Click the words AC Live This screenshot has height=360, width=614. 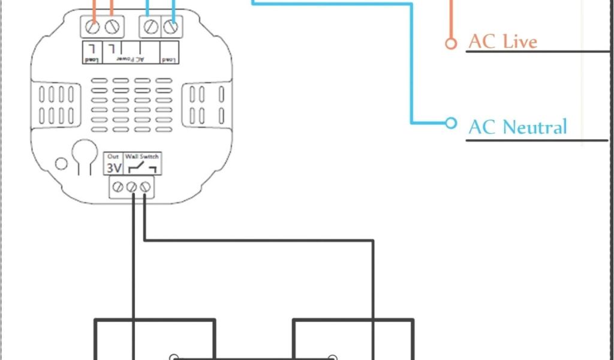(x=502, y=41)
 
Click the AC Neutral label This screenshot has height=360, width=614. (x=517, y=127)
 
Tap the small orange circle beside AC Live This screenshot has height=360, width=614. (x=451, y=43)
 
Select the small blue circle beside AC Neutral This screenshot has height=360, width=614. (x=451, y=123)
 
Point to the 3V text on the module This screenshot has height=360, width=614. (x=113, y=167)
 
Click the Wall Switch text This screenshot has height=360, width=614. (x=142, y=157)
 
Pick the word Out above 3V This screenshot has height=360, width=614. (x=113, y=157)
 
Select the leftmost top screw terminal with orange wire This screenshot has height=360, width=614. (x=92, y=27)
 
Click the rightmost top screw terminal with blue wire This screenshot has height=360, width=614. (x=171, y=27)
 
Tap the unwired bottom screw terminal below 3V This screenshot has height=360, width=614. (x=119, y=188)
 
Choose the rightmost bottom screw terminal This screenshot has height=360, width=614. (x=145, y=188)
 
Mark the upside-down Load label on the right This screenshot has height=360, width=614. (x=169, y=59)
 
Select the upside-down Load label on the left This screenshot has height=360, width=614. (x=91, y=59)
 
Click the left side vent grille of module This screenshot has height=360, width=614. (x=58, y=104)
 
